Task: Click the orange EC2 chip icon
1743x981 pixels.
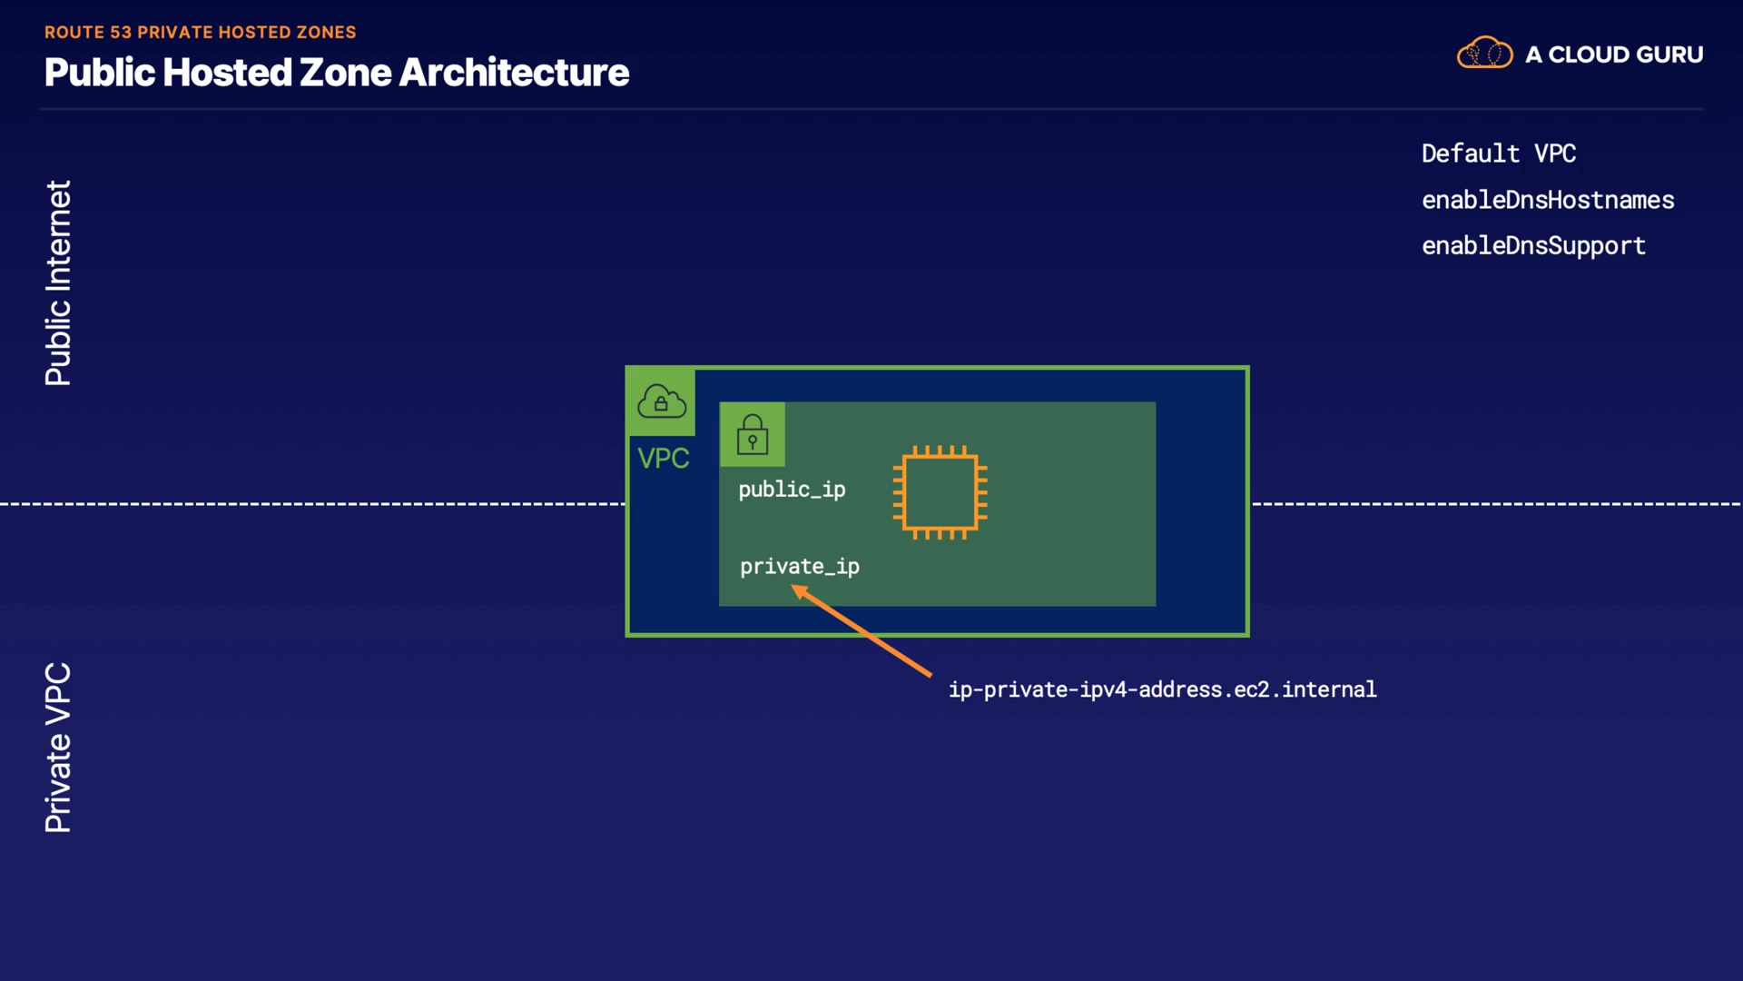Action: (940, 492)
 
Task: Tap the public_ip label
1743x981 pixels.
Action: (792, 490)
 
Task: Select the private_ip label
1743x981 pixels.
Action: (799, 567)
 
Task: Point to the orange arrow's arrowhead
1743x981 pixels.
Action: (798, 591)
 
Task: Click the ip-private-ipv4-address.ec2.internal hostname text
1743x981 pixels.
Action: (1162, 689)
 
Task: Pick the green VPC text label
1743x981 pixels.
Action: (663, 459)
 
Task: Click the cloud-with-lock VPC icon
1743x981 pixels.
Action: (661, 401)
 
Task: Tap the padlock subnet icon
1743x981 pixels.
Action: (753, 434)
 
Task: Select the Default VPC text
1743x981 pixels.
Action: (1498, 154)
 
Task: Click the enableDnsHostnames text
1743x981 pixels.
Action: (1547, 200)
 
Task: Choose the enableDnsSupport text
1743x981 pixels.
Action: (1532, 246)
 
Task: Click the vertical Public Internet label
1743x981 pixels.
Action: (58, 282)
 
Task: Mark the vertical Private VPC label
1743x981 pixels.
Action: (58, 747)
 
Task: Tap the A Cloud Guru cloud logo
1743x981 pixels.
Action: (1484, 54)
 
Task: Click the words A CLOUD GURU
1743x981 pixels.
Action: (1613, 54)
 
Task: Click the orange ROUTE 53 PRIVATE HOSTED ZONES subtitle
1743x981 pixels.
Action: (200, 33)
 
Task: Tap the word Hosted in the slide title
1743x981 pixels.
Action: (227, 73)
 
